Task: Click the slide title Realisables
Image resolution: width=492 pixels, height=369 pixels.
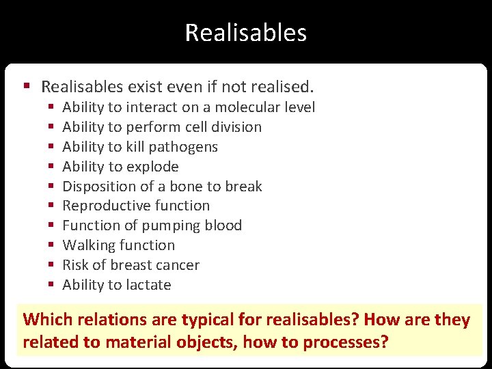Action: (245, 33)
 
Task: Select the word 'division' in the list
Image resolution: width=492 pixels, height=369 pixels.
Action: (236, 127)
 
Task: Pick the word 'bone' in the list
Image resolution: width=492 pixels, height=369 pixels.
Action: (182, 187)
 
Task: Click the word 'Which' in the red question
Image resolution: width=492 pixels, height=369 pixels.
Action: (47, 320)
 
